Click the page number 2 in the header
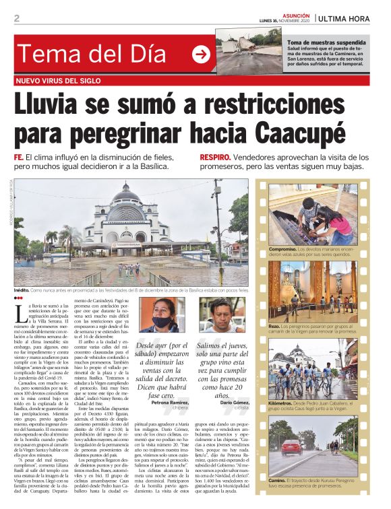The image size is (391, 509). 16,18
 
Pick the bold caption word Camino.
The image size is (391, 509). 279,479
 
